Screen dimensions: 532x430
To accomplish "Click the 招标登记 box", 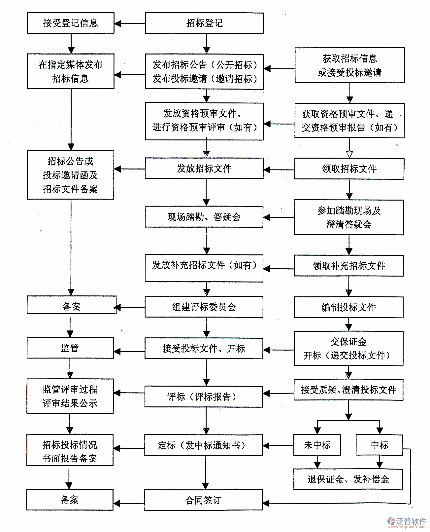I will coord(204,23).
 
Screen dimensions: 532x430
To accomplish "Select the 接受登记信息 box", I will coord(70,23).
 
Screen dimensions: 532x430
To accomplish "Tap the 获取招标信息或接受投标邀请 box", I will coord(349,65).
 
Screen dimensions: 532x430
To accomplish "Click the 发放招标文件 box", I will coord(204,169).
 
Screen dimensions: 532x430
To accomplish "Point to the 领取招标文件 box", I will coord(349,169).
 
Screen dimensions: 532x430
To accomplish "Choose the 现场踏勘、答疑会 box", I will coord(204,217).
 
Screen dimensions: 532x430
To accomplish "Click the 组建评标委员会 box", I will coord(204,307).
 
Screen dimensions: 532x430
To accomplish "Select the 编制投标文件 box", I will coord(349,307).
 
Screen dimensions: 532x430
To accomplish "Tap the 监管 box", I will coord(70,348).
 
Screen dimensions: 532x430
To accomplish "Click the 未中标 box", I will coord(317,445).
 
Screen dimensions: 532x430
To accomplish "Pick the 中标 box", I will coord(380,445).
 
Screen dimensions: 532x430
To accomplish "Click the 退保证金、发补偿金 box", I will coord(348,479).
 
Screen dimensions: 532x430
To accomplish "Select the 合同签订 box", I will coord(203,500).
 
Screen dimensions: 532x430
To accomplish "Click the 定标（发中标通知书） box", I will coord(203,445).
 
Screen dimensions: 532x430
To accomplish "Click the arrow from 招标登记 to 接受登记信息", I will coord(130,23).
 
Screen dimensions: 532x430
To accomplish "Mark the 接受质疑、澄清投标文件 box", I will coord(348,390).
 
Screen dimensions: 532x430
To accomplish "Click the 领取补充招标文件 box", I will coord(349,266).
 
